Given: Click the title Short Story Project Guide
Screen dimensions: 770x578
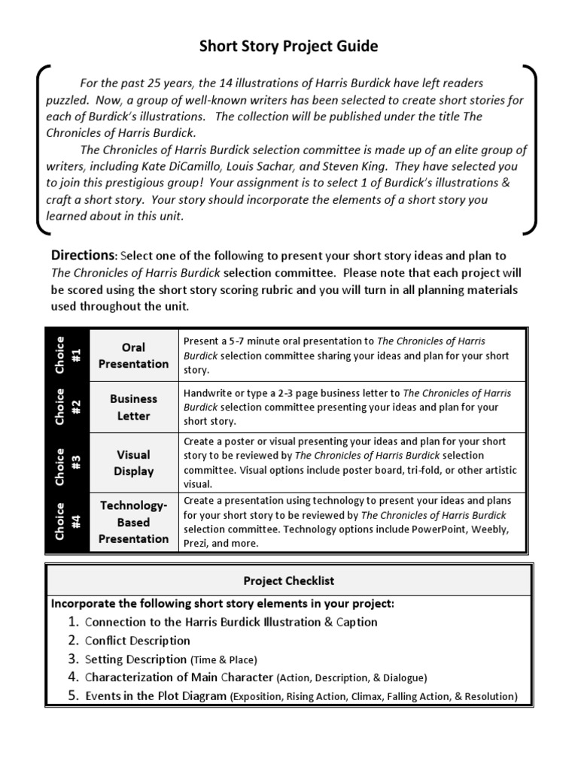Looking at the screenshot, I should point(288,47).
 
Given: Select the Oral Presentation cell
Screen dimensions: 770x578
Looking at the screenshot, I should point(134,356).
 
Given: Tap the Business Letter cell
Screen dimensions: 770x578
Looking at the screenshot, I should point(134,407).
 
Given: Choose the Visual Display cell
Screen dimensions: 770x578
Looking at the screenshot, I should point(134,462).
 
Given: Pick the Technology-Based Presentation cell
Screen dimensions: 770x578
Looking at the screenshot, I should point(134,522).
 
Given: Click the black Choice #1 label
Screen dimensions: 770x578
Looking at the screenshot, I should point(68,354).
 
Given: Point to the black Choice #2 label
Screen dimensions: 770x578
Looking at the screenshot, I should point(68,407).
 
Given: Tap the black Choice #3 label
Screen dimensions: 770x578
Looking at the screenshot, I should point(68,462).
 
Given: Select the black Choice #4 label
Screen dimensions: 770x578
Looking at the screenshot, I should point(68,522).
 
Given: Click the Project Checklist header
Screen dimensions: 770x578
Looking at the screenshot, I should point(288,581).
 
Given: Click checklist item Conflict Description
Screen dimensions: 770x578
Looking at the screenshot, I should point(137,641).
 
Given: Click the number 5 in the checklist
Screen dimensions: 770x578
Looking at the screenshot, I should point(73,696).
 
